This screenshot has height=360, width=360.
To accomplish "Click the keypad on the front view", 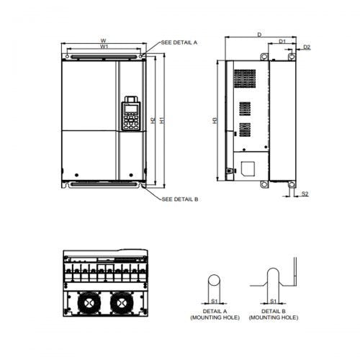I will pyautogui.click(x=130, y=115).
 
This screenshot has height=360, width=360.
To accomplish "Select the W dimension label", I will pyautogui.click(x=104, y=40).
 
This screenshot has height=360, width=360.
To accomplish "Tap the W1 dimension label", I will pyautogui.click(x=104, y=47).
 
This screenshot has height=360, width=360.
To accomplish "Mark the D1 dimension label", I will pyautogui.click(x=283, y=41).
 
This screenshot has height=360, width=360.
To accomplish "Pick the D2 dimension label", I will pyautogui.click(x=306, y=47).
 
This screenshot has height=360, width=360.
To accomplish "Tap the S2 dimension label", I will pyautogui.click(x=305, y=194).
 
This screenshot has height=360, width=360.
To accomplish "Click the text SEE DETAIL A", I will pyautogui.click(x=179, y=42).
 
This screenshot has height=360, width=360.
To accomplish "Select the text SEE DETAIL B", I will pyautogui.click(x=179, y=199).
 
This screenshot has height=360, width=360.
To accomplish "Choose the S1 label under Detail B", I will pyautogui.click(x=274, y=301).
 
